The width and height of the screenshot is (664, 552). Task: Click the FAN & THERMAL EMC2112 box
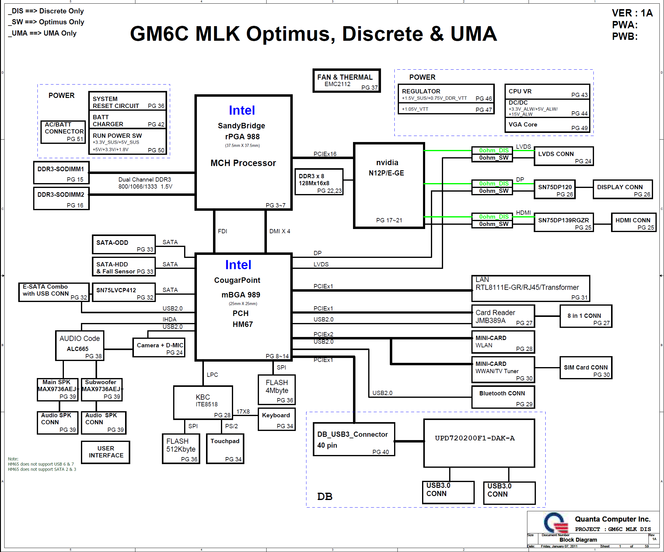(347, 81)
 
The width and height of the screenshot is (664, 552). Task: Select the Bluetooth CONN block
(503, 397)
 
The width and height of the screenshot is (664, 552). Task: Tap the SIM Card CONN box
(585, 368)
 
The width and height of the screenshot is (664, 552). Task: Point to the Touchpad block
(225, 449)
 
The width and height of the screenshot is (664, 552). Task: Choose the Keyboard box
(277, 419)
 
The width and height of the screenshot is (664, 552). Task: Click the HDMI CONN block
(633, 222)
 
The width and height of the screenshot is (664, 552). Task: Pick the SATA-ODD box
(124, 244)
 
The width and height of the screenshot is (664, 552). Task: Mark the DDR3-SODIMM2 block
(61, 198)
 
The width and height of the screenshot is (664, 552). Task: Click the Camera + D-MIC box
(159, 348)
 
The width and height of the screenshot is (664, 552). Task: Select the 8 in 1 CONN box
(585, 316)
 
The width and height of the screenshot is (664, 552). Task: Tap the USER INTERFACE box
(106, 452)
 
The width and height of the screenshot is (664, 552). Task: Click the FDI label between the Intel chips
(222, 231)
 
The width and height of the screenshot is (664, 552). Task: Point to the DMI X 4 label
(280, 231)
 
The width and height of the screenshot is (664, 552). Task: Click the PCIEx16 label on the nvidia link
(325, 154)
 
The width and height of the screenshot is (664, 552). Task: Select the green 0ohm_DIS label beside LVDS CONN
(494, 151)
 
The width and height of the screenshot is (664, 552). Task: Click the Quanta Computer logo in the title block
(555, 522)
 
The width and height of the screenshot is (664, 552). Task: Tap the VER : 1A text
(632, 13)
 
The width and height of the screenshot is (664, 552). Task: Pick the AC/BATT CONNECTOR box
(63, 132)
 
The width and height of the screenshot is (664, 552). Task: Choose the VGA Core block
(547, 125)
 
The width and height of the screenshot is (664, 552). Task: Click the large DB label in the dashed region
(325, 496)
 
